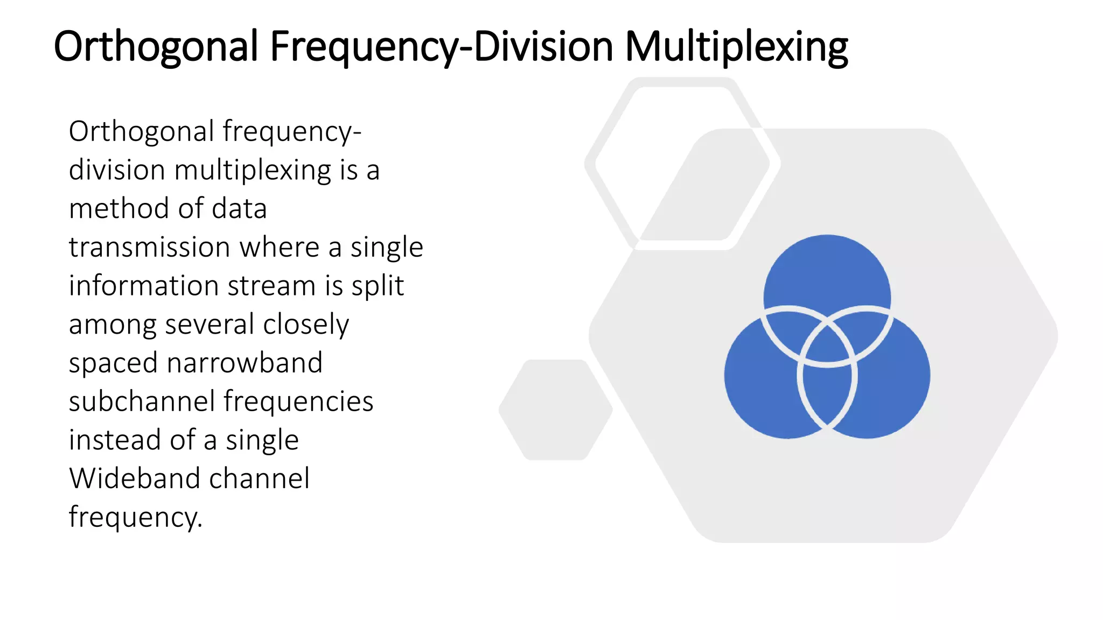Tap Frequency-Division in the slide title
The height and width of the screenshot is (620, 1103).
pyautogui.click(x=441, y=47)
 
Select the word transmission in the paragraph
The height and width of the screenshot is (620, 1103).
pyautogui.click(x=149, y=248)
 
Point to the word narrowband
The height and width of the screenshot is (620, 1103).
pyautogui.click(x=245, y=363)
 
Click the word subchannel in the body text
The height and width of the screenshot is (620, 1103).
pyautogui.click(x=142, y=401)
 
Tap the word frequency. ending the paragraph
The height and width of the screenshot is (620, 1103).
pyautogui.click(x=135, y=518)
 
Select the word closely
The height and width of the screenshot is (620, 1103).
pyautogui.click(x=306, y=325)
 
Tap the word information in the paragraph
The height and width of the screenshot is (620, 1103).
pyautogui.click(x=143, y=286)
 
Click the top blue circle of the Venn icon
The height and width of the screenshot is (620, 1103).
pyautogui.click(x=827, y=269)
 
